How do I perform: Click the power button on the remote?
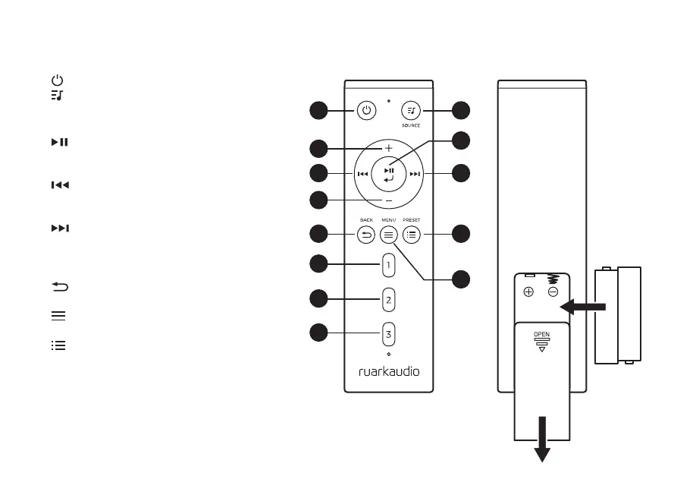[366, 111]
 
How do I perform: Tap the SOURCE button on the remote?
[411, 111]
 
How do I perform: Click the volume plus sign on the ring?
[388, 148]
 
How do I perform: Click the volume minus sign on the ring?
[388, 200]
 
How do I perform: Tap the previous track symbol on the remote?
[362, 175]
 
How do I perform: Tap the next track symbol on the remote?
[414, 175]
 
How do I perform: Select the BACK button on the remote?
[366, 235]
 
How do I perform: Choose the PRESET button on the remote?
[411, 235]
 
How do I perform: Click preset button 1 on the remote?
[388, 266]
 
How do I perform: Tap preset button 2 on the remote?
[388, 299]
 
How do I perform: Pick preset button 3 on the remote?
[388, 333]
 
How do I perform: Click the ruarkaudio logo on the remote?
[388, 371]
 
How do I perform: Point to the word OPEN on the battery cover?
[541, 334]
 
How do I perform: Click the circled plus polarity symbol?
[528, 292]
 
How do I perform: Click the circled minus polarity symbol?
[553, 292]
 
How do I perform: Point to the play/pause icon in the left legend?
[59, 142]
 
